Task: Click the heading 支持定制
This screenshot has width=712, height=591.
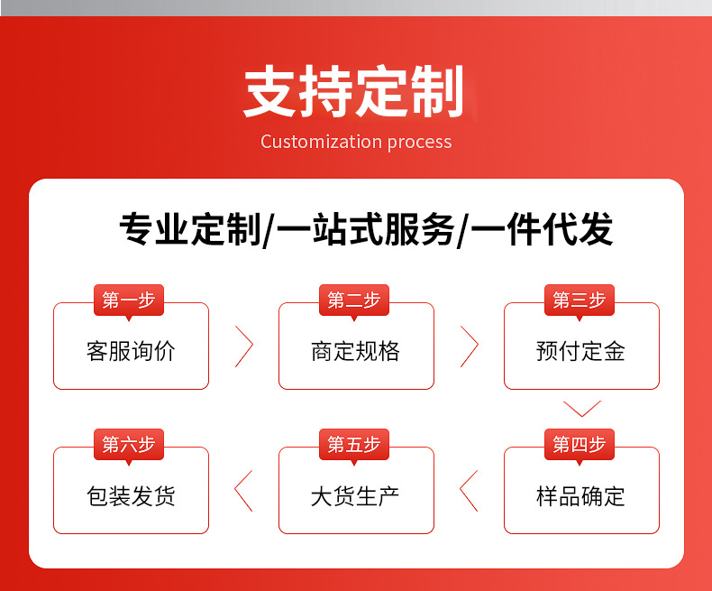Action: [x=354, y=92]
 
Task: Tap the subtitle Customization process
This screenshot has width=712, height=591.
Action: [x=356, y=142]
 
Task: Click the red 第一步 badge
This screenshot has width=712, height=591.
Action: [x=129, y=300]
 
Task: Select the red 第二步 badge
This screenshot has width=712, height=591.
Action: [x=354, y=300]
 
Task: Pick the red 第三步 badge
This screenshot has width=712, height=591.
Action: [x=580, y=300]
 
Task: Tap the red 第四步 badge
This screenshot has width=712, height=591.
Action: [x=580, y=444]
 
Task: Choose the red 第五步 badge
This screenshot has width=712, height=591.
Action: [x=354, y=444]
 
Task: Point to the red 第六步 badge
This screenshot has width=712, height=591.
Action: [x=129, y=444]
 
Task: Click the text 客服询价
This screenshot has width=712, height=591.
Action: [x=131, y=351]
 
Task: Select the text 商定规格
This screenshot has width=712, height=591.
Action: [x=355, y=351]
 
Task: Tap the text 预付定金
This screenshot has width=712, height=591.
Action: [x=580, y=351]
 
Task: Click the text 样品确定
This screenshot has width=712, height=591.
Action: [x=580, y=496]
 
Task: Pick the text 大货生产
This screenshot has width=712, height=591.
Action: [x=355, y=496]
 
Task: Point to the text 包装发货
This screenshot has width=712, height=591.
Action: [x=131, y=496]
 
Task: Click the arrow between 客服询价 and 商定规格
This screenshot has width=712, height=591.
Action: [x=243, y=346]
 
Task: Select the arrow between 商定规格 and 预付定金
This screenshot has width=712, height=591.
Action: [x=469, y=346]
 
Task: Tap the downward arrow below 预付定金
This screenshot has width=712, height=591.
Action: [x=581, y=409]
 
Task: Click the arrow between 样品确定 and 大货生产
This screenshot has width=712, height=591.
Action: [x=469, y=491]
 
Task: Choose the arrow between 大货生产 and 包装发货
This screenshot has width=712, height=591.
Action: [x=243, y=491]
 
